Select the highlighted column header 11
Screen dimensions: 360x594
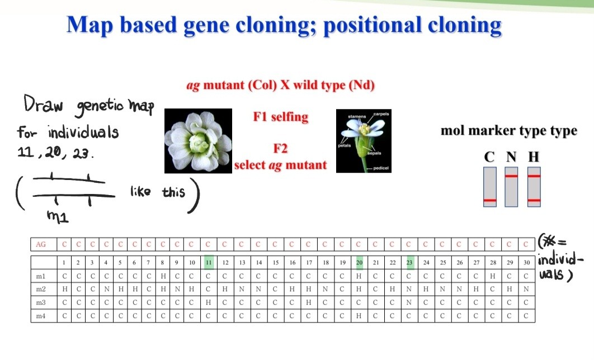pyautogui.click(x=208, y=262)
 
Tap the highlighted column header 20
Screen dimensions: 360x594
pyautogui.click(x=360, y=262)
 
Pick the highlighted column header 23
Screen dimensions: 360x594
pyautogui.click(x=409, y=262)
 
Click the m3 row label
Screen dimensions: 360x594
pyautogui.click(x=41, y=302)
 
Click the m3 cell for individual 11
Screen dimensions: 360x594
pyautogui.click(x=208, y=302)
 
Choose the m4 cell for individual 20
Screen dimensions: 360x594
pyautogui.click(x=360, y=316)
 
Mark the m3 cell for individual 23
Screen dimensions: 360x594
pyautogui.click(x=409, y=302)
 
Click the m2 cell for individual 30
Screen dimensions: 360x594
pyautogui.click(x=526, y=289)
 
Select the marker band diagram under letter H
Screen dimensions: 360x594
pyautogui.click(x=534, y=187)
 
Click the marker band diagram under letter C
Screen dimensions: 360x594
pyautogui.click(x=489, y=187)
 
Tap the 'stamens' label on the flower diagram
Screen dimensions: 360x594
pyautogui.click(x=356, y=117)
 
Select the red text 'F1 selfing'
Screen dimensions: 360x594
pyautogui.click(x=280, y=117)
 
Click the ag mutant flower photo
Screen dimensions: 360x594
pyautogui.click(x=198, y=141)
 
